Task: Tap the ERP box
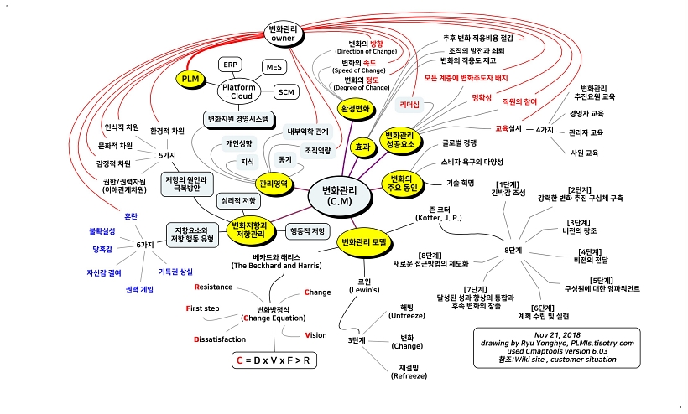click(231, 65)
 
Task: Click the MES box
click(274, 66)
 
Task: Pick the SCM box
click(287, 91)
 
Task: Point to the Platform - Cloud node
click(238, 91)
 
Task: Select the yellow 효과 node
click(362, 147)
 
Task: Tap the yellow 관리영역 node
click(274, 183)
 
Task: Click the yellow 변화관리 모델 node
click(367, 242)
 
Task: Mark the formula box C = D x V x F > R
click(277, 360)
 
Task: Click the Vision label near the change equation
click(315, 335)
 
